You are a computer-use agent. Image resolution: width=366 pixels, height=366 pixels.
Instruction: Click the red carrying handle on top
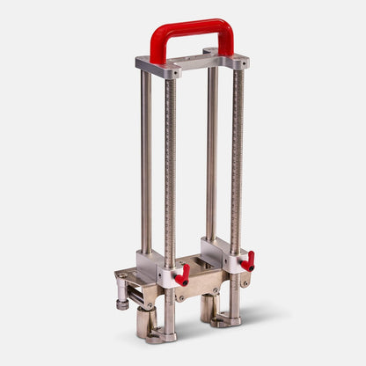coord(192,27)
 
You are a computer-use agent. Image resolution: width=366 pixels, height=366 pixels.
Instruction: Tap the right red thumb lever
coord(249,261)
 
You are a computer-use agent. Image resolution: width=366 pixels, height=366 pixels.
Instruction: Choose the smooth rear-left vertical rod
coord(146,158)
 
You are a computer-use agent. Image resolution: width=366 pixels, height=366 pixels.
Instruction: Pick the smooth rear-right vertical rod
coord(212,150)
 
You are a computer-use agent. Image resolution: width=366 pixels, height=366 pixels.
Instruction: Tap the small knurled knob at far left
coord(121,304)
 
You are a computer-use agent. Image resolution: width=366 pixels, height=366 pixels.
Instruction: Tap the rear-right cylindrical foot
coord(207,307)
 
